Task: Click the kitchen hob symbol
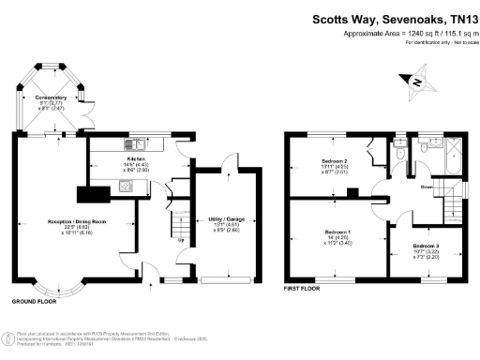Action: tap(124, 186)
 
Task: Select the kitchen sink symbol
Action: tap(138, 144)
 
